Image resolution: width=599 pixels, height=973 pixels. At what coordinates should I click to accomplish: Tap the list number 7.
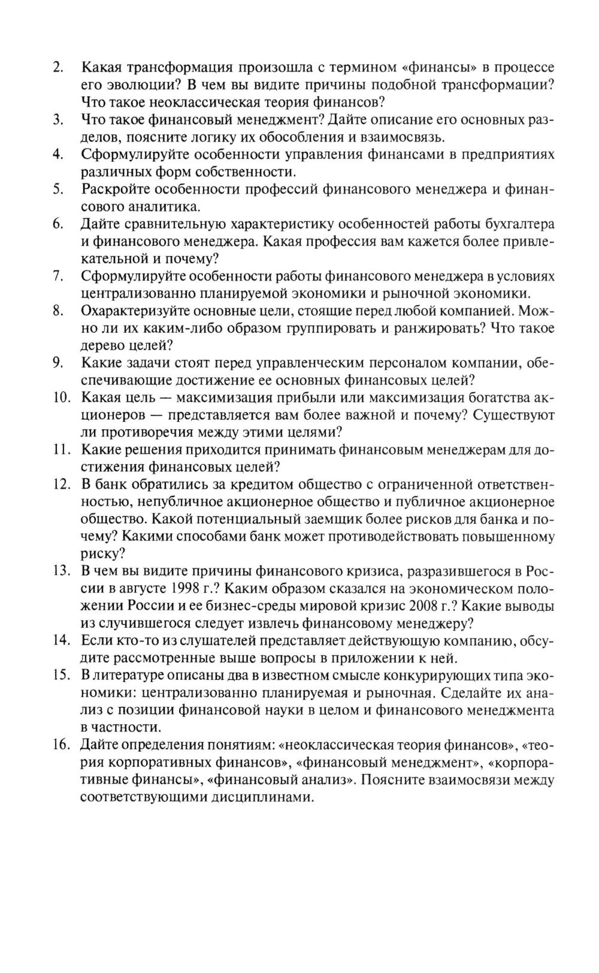tap(59, 276)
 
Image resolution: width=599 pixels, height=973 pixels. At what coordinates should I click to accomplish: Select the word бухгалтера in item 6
tap(519, 224)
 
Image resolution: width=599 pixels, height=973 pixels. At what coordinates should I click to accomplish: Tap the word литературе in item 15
tap(132, 676)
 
